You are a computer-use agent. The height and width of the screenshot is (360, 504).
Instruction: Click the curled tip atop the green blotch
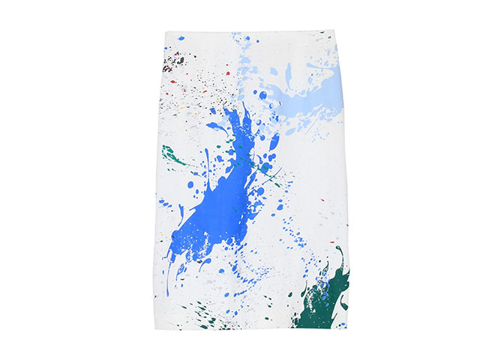pyautogui.click(x=339, y=251)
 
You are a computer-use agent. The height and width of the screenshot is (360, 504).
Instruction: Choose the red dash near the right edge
pyautogui.click(x=320, y=200)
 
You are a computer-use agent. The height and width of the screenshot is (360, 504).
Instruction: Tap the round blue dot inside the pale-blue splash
pyautogui.click(x=262, y=95)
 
